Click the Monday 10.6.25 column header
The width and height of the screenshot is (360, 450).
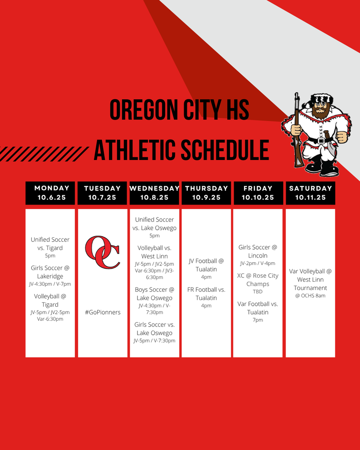[x=50, y=193]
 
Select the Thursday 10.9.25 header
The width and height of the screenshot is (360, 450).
[x=206, y=193]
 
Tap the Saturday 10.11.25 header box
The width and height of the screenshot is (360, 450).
[x=310, y=193]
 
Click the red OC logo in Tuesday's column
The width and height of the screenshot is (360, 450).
[x=102, y=252]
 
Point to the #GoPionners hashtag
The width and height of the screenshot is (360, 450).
[x=103, y=312]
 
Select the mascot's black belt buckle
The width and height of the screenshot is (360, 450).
[x=321, y=141]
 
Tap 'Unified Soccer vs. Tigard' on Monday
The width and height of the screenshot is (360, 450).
[x=50, y=243]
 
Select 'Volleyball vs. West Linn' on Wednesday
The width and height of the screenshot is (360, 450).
[x=154, y=252]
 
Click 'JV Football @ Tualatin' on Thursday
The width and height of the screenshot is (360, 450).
[x=206, y=265]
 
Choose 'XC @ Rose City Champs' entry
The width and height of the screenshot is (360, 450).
[x=258, y=279]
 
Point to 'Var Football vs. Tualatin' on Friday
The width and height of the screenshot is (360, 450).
[x=258, y=308]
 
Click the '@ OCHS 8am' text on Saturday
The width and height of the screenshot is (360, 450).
[x=310, y=296]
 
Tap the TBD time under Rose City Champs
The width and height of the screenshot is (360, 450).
[x=258, y=292]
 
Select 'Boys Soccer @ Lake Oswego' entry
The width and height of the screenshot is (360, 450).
[x=154, y=294]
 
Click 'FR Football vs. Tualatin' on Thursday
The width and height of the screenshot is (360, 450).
[x=206, y=294]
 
